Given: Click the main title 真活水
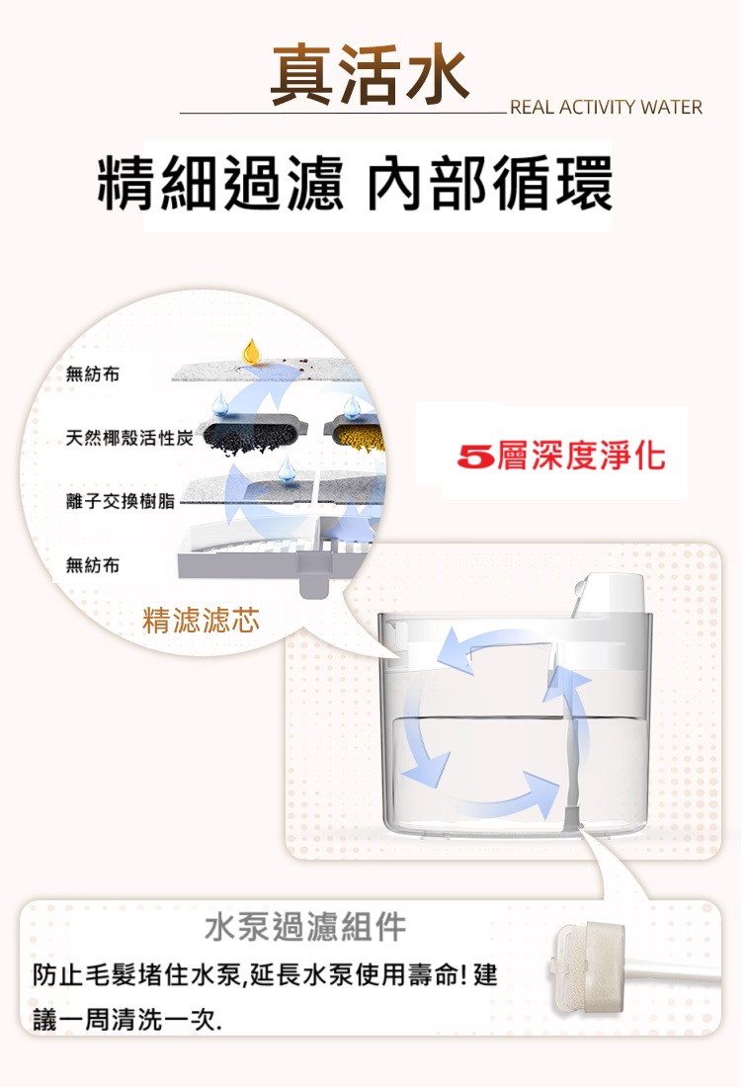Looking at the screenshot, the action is [370, 75].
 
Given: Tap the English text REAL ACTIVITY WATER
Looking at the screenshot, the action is [606, 108].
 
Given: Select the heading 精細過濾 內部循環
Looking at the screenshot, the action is [355, 183].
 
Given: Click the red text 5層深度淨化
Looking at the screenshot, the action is [560, 456].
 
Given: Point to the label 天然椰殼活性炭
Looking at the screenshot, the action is [128, 438].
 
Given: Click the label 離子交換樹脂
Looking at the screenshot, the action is [120, 501].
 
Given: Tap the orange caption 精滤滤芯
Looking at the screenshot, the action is [201, 620].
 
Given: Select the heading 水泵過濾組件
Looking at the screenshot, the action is [305, 927].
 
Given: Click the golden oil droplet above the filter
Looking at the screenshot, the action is [251, 351].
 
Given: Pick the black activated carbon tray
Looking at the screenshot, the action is [251, 436].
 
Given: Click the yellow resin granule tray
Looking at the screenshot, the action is [355, 436].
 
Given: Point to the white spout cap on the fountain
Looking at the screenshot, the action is [609, 595].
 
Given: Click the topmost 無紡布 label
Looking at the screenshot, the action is [93, 375].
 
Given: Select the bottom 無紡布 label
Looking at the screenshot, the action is [93, 565].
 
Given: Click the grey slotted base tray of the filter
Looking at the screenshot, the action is [278, 554].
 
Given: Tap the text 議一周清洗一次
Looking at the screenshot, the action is [127, 1019].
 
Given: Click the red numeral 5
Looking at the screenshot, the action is [475, 457].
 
